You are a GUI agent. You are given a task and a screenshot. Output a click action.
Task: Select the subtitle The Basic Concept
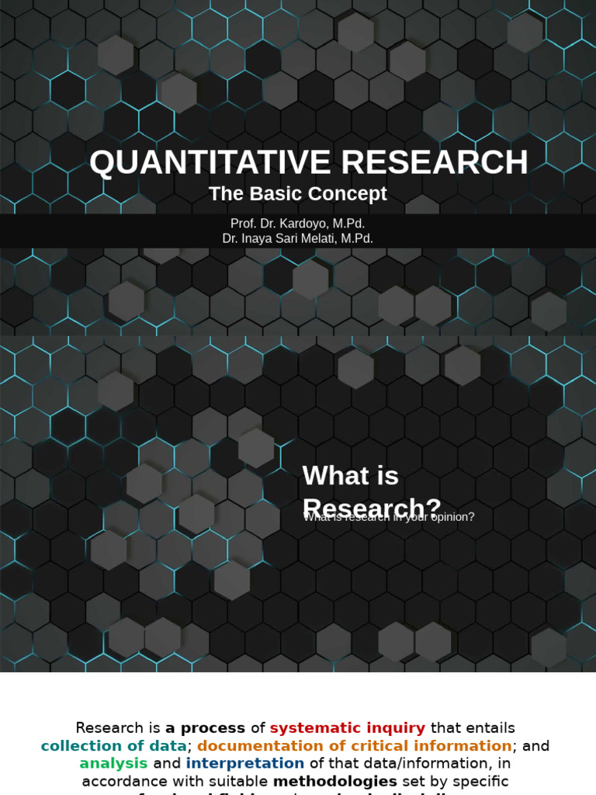coord(297,194)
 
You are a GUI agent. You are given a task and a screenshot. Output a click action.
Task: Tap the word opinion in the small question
coord(448,517)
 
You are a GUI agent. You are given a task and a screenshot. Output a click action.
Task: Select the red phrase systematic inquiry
coord(347,728)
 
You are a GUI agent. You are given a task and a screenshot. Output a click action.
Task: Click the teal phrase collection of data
coord(113,746)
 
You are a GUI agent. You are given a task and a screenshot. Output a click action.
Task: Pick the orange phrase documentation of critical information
coord(354,746)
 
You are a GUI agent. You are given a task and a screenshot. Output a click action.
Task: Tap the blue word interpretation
coord(244,764)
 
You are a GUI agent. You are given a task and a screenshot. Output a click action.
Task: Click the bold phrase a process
coord(205,728)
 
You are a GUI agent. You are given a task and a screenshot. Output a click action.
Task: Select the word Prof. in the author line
coord(244,224)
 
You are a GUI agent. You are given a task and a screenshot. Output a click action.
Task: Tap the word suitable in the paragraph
coord(230,781)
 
